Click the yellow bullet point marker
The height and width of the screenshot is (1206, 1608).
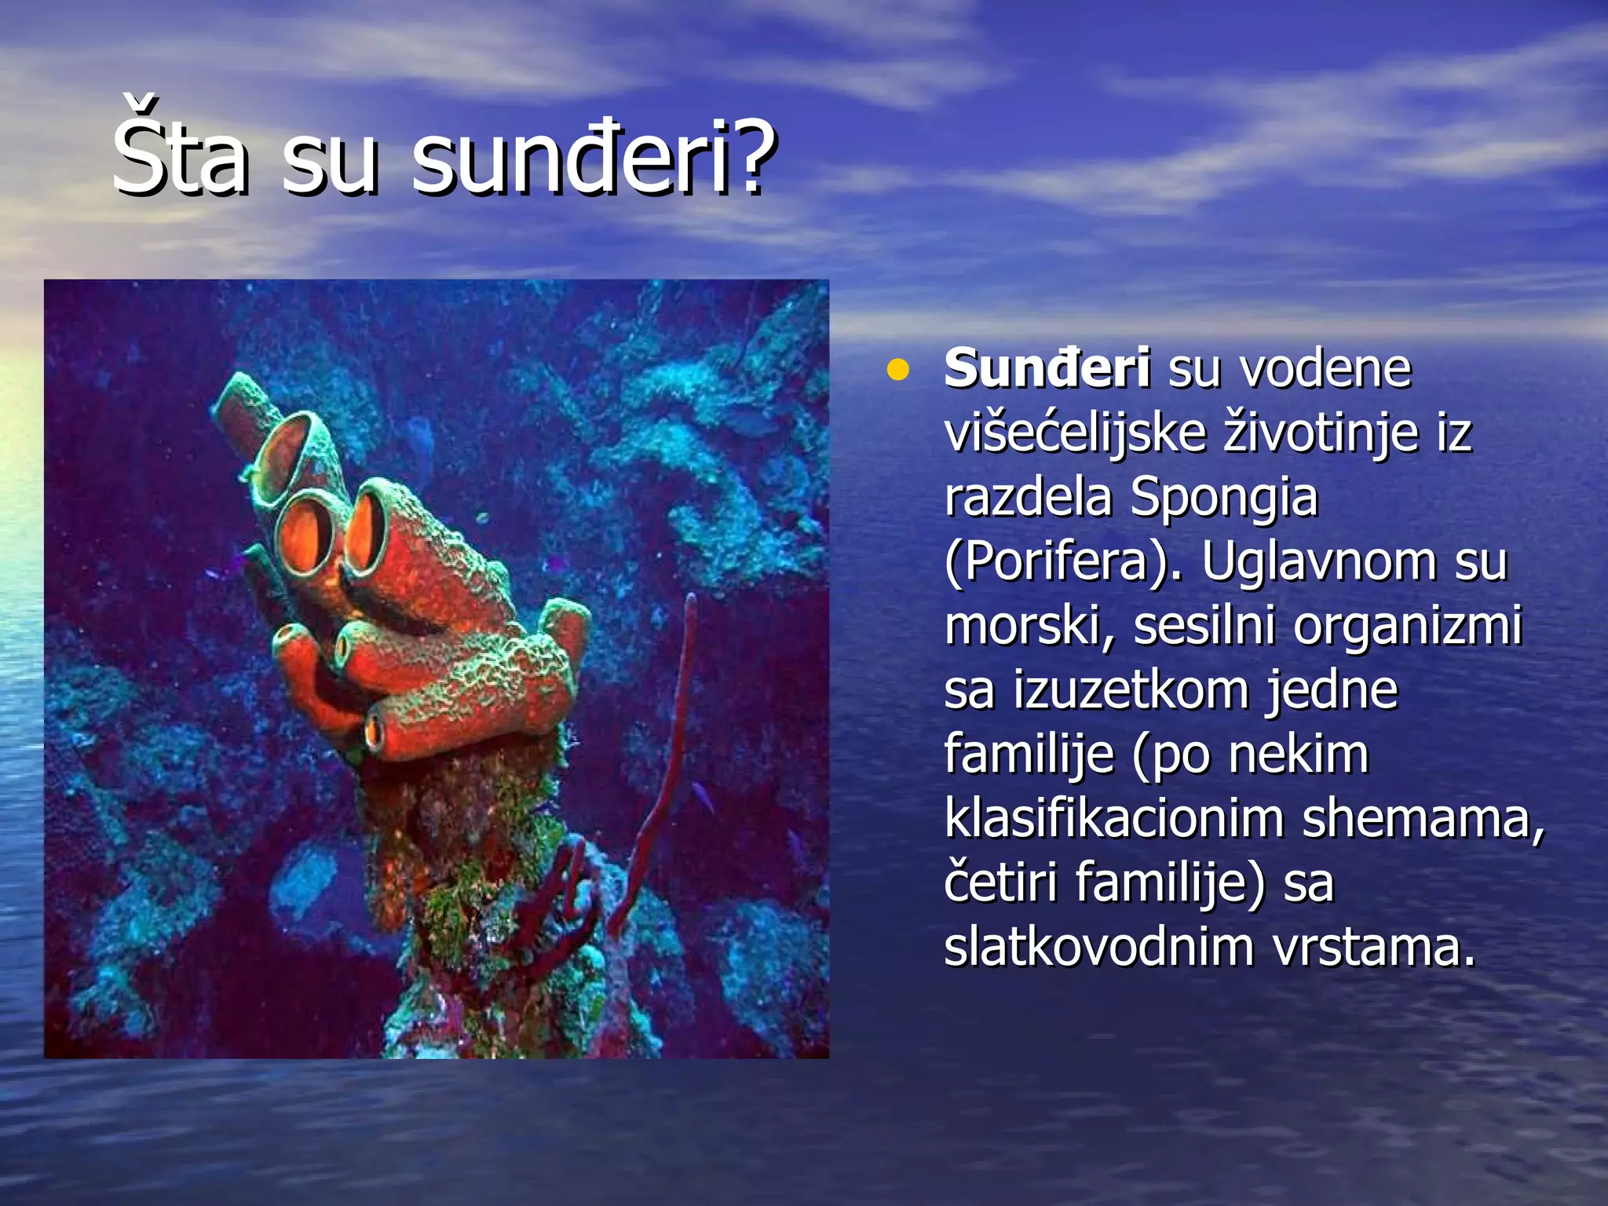(x=897, y=370)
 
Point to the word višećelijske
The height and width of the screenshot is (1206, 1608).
(x=1075, y=433)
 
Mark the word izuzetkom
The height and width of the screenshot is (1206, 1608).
(x=1131, y=691)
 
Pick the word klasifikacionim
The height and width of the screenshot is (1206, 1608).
(x=1113, y=819)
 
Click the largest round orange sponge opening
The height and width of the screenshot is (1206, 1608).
(x=308, y=534)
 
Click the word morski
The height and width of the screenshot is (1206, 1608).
(x=1028, y=627)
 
